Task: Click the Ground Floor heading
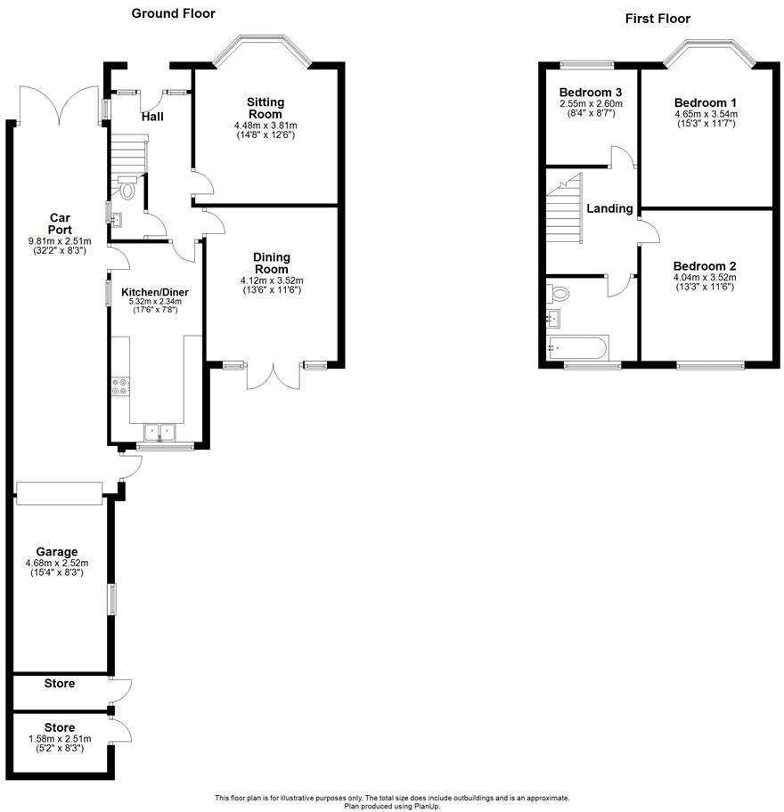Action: tap(173, 13)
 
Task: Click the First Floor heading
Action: tap(657, 18)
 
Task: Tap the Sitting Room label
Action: tap(265, 108)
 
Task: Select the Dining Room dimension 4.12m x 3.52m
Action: tap(272, 280)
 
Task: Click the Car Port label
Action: tap(60, 223)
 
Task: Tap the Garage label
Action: tap(57, 551)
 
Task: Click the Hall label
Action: tap(151, 117)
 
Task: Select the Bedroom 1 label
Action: tap(706, 101)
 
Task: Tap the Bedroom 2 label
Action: tap(704, 266)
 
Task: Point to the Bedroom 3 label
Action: tap(591, 93)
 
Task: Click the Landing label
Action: tap(609, 208)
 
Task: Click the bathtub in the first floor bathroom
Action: tap(577, 347)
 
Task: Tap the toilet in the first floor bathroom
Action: tap(559, 292)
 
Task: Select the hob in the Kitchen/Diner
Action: tap(119, 387)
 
